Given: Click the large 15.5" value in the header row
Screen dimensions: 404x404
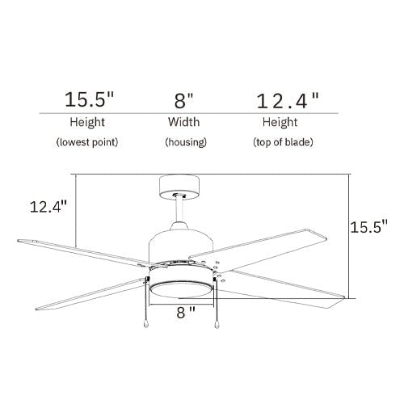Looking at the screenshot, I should [89, 100].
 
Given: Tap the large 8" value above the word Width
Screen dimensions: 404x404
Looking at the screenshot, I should [185, 100].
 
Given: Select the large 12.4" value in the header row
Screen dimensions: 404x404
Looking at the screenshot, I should [287, 100].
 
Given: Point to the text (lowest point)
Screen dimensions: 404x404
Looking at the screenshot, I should [87, 142].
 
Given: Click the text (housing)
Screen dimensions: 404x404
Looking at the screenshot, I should [186, 142].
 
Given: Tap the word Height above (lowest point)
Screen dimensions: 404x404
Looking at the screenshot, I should [86, 123].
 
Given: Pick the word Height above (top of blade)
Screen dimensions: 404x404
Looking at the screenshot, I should [279, 123].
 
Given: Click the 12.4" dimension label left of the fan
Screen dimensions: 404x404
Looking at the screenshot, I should [47, 207].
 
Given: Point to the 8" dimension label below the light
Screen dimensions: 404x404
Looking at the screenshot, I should [187, 310].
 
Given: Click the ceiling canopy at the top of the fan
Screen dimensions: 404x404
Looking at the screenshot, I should [180, 187].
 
